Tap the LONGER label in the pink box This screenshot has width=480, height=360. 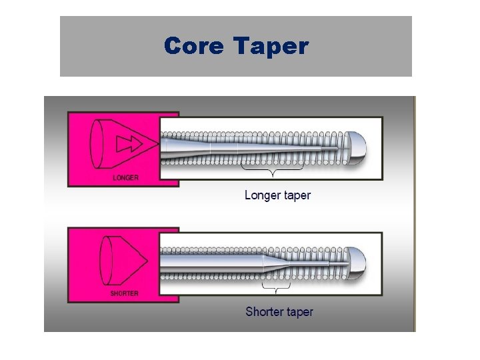(x=125, y=178)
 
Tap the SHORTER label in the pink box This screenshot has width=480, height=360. (x=125, y=294)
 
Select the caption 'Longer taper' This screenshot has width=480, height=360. (x=277, y=195)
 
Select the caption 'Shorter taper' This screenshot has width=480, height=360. (x=279, y=311)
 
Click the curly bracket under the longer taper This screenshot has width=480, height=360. (x=273, y=173)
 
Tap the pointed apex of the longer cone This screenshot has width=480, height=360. (x=159, y=143)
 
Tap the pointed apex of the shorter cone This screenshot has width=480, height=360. (x=146, y=260)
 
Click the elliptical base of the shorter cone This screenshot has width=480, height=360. (x=104, y=259)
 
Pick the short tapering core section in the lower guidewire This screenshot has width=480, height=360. (x=274, y=263)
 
